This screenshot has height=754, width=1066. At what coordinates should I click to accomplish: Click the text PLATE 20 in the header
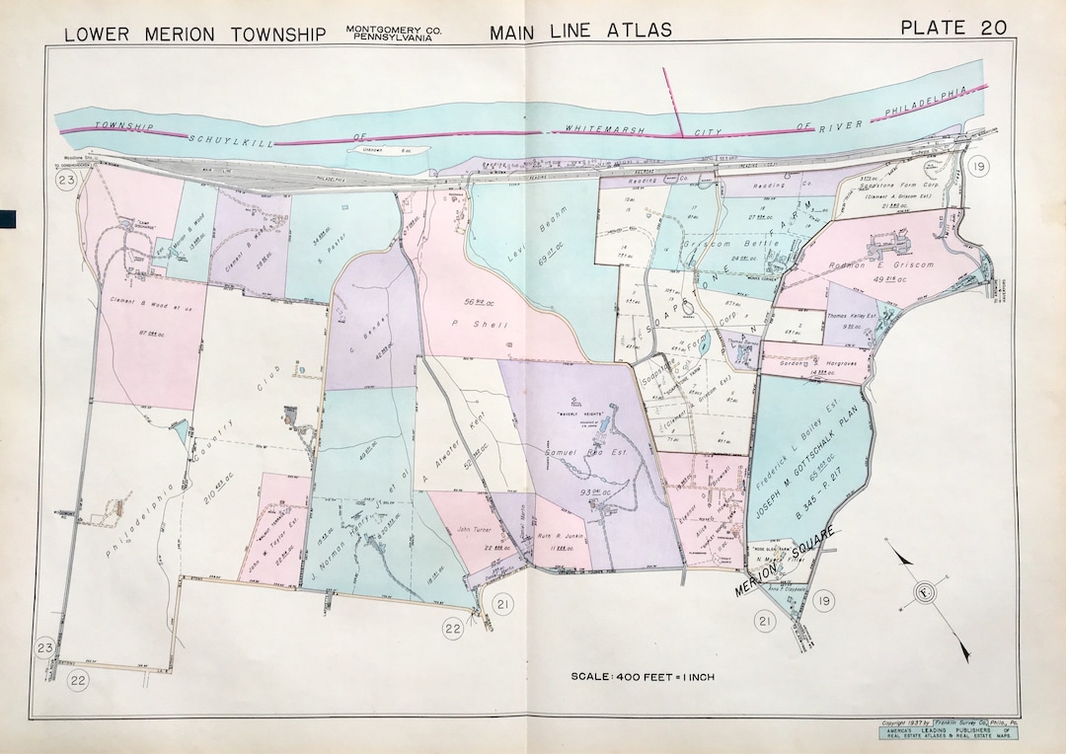click(953, 28)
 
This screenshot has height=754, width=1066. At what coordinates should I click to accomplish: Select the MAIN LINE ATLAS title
click(580, 31)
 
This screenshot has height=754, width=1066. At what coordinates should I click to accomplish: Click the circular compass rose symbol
click(924, 593)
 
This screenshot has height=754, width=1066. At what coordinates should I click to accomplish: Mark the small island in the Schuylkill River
click(387, 151)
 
